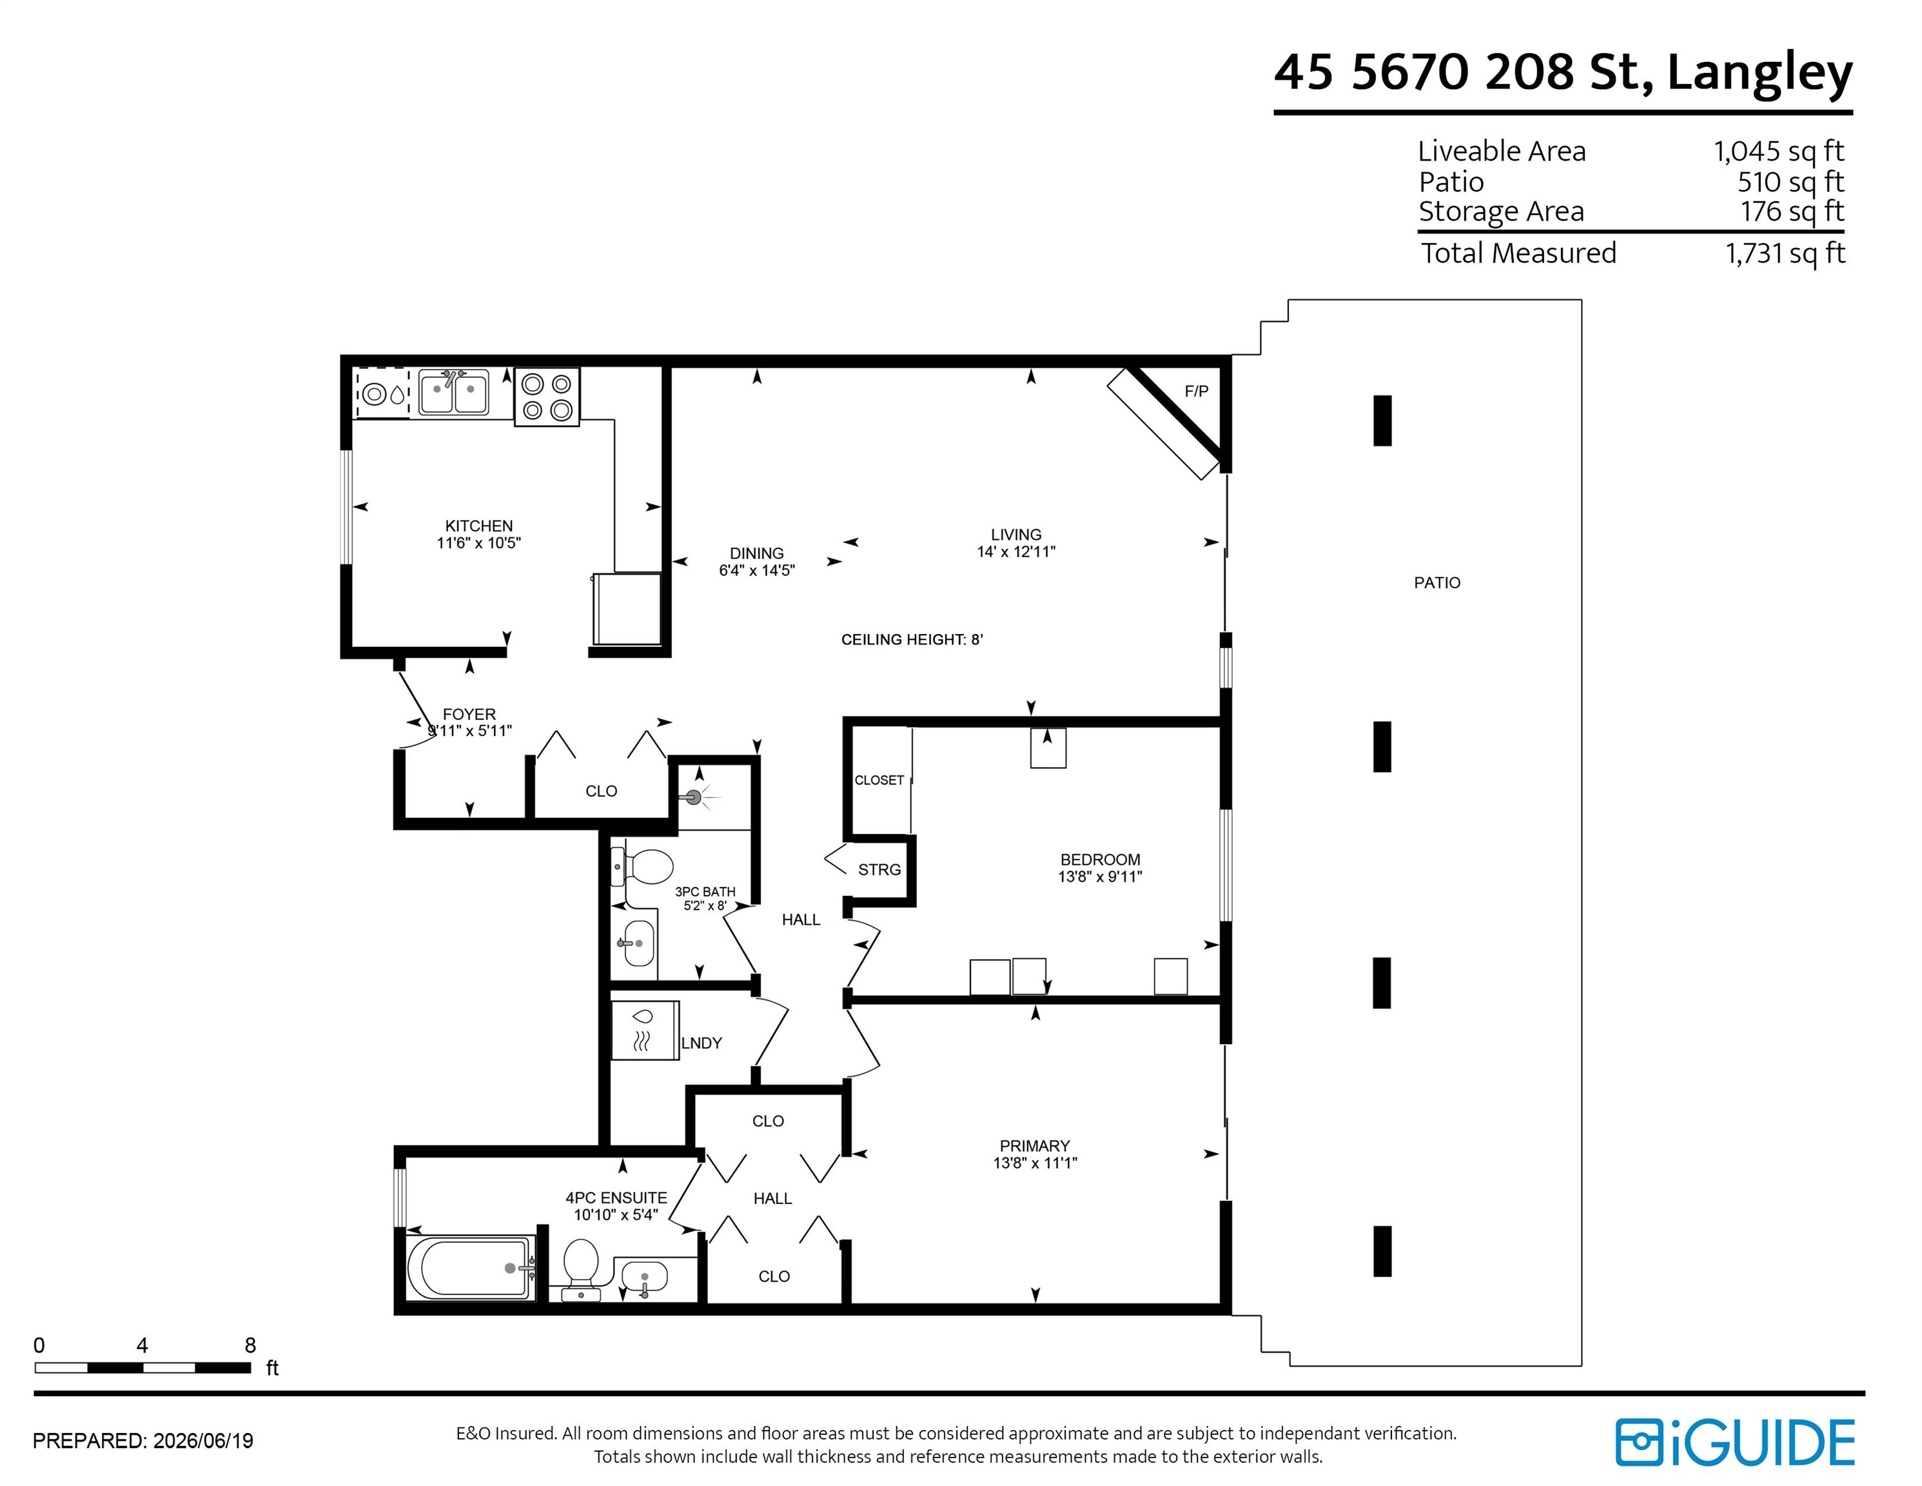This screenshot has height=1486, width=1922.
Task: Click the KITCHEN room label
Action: tap(479, 526)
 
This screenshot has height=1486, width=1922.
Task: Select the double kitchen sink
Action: tap(453, 391)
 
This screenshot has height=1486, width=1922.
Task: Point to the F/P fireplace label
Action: tap(1196, 391)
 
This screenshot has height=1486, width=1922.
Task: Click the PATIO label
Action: tap(1437, 583)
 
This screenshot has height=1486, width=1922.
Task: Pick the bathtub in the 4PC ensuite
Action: tap(470, 1267)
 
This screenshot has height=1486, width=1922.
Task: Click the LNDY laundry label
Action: tap(701, 1043)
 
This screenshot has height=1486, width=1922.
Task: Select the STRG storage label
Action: tap(879, 870)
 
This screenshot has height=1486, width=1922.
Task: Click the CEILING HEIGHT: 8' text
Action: tap(912, 640)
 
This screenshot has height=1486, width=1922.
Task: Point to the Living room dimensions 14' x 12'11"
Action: tap(1015, 552)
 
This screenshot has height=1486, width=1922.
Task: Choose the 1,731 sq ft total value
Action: tap(1785, 253)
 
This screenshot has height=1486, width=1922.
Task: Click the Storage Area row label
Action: tap(1502, 212)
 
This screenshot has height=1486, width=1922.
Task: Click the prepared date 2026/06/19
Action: tap(203, 1441)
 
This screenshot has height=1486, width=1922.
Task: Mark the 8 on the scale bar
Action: tap(250, 1345)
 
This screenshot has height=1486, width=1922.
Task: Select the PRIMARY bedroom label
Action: tap(1034, 1146)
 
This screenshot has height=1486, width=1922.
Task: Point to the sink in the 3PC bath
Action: tap(639, 943)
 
